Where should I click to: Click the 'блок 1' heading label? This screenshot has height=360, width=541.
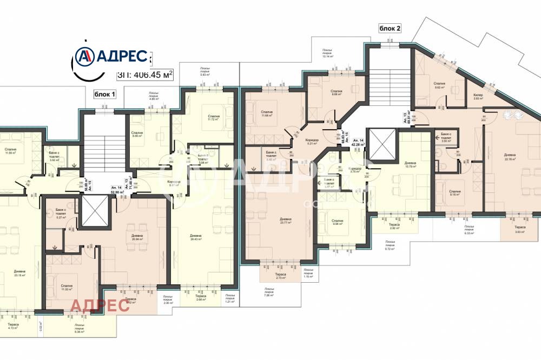pos(105,94)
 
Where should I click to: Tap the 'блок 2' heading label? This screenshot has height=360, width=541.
pos(390,29)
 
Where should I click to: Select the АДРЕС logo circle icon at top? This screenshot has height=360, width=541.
pos(84,56)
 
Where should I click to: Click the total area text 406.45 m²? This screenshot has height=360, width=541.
pos(145,75)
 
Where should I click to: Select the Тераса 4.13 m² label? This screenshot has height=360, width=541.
pos(14,326)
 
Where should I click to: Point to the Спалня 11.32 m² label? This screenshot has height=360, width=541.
pos(67,288)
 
